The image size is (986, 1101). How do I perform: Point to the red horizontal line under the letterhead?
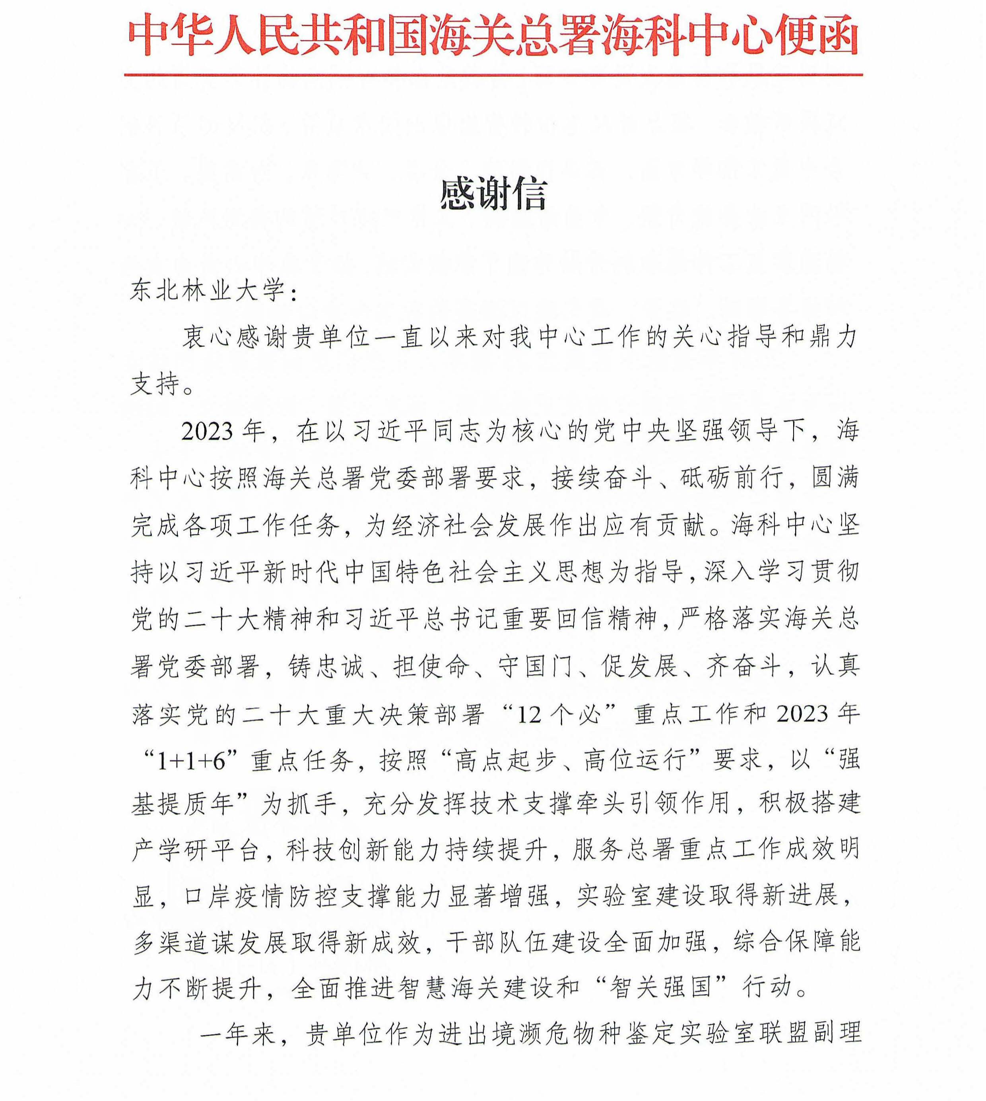[493, 75]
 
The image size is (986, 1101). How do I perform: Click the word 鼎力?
[833, 338]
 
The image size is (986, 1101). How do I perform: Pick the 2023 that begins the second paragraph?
[207, 432]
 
